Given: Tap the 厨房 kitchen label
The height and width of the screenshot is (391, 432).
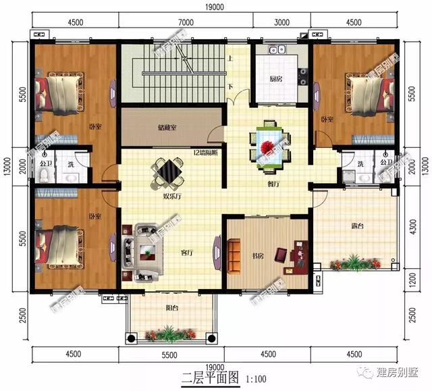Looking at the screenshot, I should [x=275, y=79].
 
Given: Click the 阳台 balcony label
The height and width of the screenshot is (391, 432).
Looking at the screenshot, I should [x=173, y=307].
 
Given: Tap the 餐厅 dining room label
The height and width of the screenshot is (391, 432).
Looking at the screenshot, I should [x=274, y=183].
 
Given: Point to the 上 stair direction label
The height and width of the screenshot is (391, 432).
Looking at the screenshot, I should [x=231, y=59].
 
